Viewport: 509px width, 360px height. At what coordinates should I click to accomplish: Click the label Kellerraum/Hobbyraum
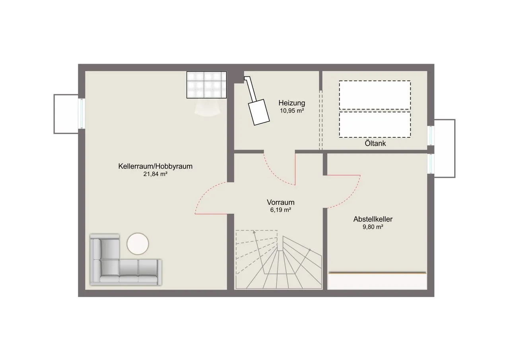[x=155, y=166]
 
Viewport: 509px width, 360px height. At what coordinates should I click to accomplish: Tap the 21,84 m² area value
[x=155, y=174]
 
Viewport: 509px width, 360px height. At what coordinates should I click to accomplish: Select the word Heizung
[x=292, y=103]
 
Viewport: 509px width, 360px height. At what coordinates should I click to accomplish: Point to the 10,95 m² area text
[x=292, y=111]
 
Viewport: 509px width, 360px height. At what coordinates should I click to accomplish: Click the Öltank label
[x=375, y=144]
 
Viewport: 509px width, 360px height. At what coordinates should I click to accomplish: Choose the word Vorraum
[x=281, y=202]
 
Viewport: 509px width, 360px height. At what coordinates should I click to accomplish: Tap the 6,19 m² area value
[x=281, y=210]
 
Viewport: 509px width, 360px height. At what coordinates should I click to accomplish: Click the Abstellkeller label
[x=373, y=219]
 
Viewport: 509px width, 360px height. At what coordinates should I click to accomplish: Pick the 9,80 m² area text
[x=373, y=227]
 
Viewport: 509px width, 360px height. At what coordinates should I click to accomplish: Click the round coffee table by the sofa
[x=138, y=243]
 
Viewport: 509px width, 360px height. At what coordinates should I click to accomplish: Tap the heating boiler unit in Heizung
[x=259, y=112]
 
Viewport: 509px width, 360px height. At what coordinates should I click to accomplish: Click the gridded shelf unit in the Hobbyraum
[x=206, y=85]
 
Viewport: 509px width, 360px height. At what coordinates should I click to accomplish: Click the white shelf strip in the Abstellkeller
[x=377, y=281]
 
